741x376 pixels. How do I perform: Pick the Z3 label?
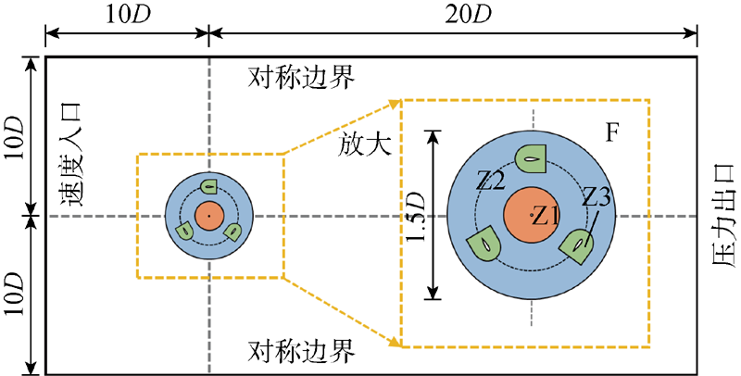tap(597, 197)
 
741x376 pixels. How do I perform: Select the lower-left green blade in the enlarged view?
tap(484, 246)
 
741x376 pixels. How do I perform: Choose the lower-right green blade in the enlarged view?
tap(580, 246)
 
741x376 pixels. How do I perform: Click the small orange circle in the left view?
tap(208, 216)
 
